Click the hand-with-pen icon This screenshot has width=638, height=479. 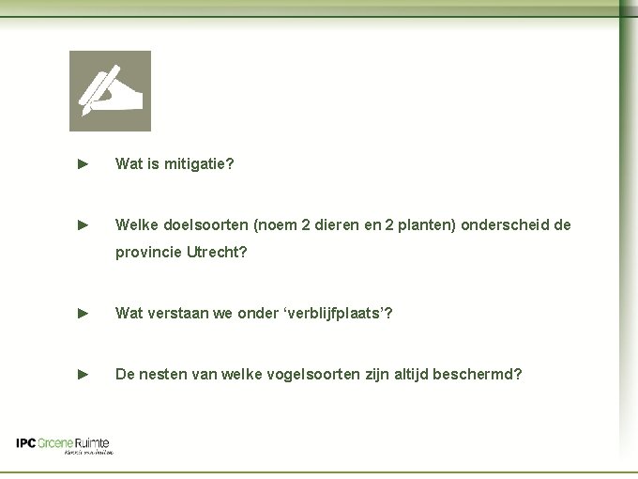click(x=110, y=91)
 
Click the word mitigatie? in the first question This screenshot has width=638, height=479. click(x=200, y=164)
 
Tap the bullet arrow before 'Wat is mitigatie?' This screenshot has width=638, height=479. click(x=83, y=164)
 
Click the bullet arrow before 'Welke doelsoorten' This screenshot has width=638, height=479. click(x=83, y=225)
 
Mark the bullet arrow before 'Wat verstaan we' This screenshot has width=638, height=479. click(x=83, y=313)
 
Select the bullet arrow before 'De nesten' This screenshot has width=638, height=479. click(x=83, y=374)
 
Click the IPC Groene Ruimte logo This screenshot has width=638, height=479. click(x=63, y=444)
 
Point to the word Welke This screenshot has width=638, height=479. click(x=134, y=225)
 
